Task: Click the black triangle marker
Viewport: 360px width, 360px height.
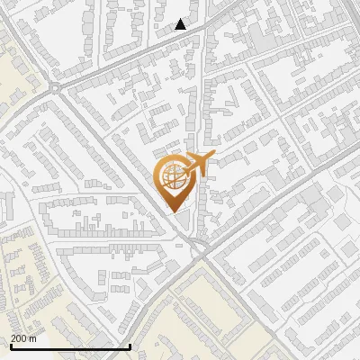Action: pos(181,24)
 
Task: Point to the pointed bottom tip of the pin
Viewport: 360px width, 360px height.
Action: pos(173,212)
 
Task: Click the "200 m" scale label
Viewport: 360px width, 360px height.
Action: pos(23,338)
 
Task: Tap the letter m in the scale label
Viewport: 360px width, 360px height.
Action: pos(33,338)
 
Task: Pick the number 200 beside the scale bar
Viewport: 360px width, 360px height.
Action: pos(19,338)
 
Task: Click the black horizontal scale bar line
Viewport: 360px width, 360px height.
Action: pos(70,346)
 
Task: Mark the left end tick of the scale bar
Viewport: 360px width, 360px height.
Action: pos(11,346)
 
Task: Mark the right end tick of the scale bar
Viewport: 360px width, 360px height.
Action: pos(130,346)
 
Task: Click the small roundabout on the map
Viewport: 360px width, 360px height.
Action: pos(56,87)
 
